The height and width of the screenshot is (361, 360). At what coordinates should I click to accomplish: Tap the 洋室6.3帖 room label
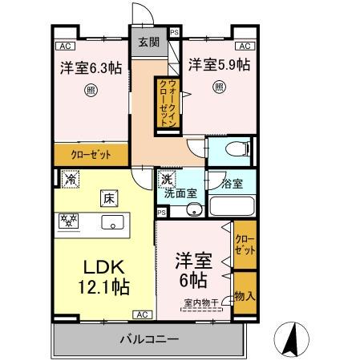pos(90,68)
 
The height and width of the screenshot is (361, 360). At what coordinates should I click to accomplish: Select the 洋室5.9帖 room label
pos(217,64)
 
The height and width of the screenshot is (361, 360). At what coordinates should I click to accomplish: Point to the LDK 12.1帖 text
pos(103,274)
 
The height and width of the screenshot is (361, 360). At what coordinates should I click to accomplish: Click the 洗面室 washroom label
pos(181,193)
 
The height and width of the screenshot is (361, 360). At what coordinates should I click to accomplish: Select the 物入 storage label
pos(245,296)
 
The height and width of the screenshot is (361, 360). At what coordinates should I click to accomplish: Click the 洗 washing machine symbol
pos(166,181)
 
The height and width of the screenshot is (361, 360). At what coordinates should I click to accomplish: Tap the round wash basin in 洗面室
pos(192,211)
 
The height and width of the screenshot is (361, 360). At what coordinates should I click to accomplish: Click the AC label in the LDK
pos(141,314)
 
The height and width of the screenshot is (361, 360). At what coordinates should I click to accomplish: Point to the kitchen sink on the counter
pos(111,221)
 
